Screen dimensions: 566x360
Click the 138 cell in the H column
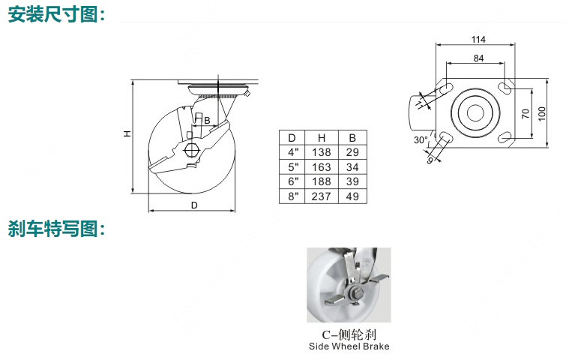click(322, 152)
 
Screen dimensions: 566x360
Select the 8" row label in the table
click(293, 196)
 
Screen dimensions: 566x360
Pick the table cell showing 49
click(352, 196)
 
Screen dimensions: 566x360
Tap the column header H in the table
click(322, 137)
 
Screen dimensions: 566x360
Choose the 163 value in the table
click(322, 167)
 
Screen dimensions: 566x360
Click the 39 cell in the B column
click(352, 181)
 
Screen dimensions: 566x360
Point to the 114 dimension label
click(478, 39)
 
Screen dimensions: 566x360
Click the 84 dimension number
click(478, 58)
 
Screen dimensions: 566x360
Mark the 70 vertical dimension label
click(526, 113)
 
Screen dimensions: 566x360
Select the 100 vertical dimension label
click(542, 114)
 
